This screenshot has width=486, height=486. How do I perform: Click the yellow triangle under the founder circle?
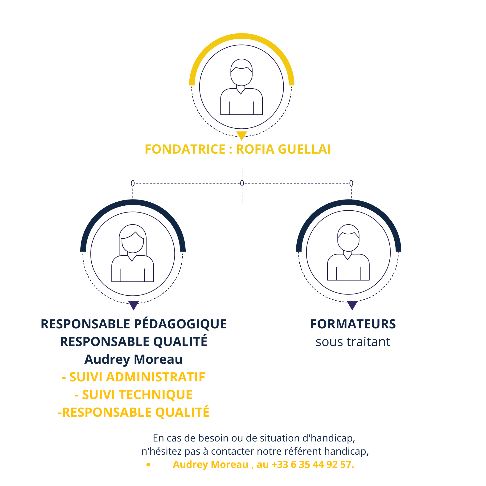tap(241, 135)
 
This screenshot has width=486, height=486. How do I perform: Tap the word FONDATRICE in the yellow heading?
tap(185, 149)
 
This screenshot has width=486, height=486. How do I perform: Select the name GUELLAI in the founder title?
tap(304, 149)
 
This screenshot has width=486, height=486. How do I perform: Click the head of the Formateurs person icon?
tap(348, 238)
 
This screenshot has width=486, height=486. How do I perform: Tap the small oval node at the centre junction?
tap(242, 183)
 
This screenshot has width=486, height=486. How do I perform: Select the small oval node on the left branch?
tap(133, 183)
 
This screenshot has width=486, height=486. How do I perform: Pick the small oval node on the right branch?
tap(351, 183)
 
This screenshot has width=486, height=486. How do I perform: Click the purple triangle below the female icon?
tap(134, 305)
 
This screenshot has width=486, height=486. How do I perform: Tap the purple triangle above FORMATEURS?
tap(352, 305)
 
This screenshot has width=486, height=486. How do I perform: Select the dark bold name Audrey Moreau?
tap(134, 359)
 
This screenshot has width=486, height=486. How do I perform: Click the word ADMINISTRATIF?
tap(156, 377)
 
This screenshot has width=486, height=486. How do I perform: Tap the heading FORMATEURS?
tap(353, 324)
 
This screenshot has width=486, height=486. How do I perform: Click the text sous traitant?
tap(353, 342)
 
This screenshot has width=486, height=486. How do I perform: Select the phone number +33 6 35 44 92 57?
tap(313, 464)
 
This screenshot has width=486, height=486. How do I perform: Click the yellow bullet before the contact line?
tap(148, 465)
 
